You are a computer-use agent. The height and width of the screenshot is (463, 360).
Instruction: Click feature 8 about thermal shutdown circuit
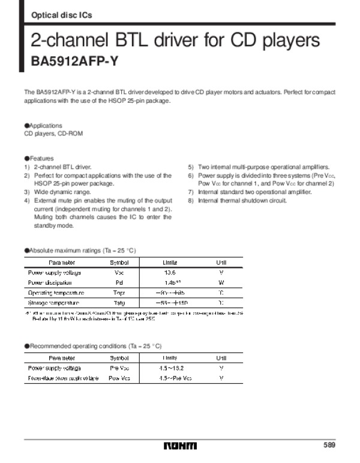[238, 199]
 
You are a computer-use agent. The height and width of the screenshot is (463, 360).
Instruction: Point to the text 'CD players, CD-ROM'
[50, 134]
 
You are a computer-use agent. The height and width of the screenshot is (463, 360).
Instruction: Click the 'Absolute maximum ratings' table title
[82, 249]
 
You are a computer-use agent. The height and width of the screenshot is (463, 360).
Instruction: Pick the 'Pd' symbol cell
[119, 282]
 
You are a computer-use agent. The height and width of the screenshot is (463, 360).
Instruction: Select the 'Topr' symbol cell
[119, 292]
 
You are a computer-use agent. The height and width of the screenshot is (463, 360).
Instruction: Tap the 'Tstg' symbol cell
[119, 303]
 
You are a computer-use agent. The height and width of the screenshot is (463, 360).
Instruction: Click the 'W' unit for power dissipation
[221, 282]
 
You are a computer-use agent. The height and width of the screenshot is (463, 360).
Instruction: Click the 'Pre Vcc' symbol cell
[119, 368]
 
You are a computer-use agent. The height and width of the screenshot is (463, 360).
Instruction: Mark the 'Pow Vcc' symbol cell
[119, 378]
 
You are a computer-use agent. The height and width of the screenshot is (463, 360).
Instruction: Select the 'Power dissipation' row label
[50, 282]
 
